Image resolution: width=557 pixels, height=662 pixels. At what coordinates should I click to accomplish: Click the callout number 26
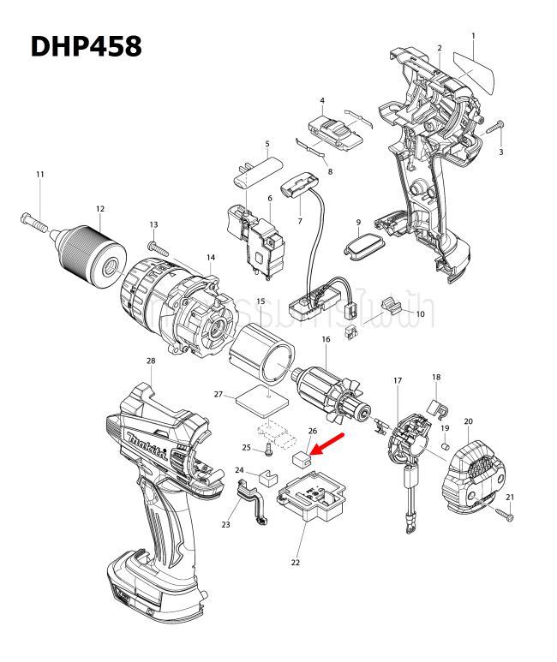312,432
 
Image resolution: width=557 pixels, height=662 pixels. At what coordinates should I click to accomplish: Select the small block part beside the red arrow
300,459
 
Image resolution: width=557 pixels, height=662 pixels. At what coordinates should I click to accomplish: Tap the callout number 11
39,175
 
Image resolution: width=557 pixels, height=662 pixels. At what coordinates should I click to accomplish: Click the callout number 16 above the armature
326,340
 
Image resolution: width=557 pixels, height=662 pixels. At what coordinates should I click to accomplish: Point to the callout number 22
296,563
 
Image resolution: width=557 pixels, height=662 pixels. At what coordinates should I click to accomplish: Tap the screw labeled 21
503,514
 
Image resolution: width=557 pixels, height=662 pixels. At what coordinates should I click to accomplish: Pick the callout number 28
151,361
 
